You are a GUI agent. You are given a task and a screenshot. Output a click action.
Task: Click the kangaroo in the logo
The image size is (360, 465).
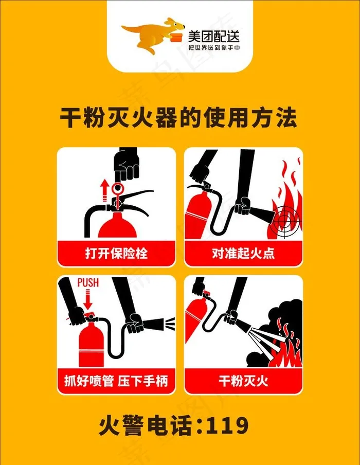click(x=148, y=34)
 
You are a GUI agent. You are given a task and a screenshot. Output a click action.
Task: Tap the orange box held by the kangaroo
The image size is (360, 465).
click(x=176, y=37)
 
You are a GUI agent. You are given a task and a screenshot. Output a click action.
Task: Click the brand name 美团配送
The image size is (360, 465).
click(x=213, y=37)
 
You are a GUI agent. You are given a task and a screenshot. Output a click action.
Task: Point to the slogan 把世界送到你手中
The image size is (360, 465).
click(x=214, y=48)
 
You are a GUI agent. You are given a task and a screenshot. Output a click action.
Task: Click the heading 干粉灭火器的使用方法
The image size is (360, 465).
click(x=178, y=118)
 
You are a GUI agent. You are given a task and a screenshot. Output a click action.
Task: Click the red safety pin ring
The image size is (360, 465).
click(x=118, y=188)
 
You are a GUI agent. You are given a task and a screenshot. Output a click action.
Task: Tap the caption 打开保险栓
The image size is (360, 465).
click(x=116, y=254)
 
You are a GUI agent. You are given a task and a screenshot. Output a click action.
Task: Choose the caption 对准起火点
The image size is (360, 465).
click(x=243, y=254)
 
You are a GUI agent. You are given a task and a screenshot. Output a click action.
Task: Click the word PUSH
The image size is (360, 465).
click(x=88, y=282)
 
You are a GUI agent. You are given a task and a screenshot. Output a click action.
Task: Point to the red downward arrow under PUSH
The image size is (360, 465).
click(x=88, y=300)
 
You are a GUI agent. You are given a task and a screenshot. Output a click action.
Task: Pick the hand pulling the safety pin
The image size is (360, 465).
click(x=127, y=164)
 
